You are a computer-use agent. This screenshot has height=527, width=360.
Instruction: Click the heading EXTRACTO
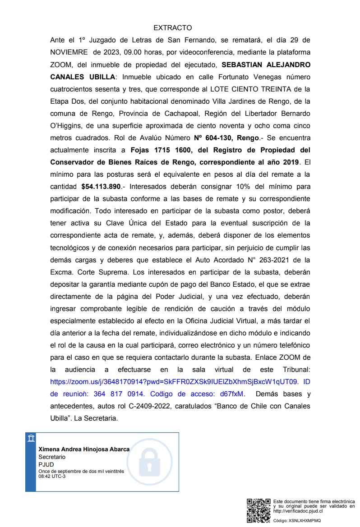click(x=172, y=28)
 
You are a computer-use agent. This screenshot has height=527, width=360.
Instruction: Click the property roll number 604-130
click(x=218, y=137)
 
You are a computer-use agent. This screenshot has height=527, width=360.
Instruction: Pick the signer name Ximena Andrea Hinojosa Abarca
click(x=84, y=449)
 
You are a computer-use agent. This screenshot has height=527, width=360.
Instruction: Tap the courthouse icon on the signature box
click(x=31, y=439)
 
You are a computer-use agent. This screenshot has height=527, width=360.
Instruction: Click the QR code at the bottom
click(x=258, y=510)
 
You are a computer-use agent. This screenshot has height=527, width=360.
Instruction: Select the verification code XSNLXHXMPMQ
click(x=305, y=520)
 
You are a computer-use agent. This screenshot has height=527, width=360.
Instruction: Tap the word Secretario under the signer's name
click(x=52, y=457)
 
